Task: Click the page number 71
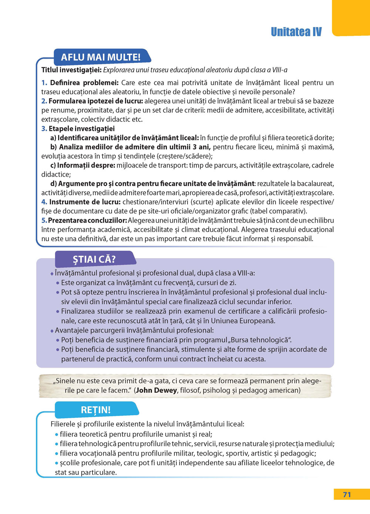coord(347,494)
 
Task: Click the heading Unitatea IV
coord(296,32)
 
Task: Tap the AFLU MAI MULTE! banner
coord(101,57)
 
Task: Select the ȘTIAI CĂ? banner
coord(94,259)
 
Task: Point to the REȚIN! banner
coord(95,410)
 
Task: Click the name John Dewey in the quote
coord(157,390)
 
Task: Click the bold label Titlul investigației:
coord(71,70)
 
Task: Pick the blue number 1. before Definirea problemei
coord(44,83)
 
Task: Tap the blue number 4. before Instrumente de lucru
coord(44,202)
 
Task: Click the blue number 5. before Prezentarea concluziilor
coord(44,220)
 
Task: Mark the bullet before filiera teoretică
coord(57,434)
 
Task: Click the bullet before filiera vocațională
coord(57,454)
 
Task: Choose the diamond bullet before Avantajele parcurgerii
coord(52,331)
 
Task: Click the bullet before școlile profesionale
coord(57,463)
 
